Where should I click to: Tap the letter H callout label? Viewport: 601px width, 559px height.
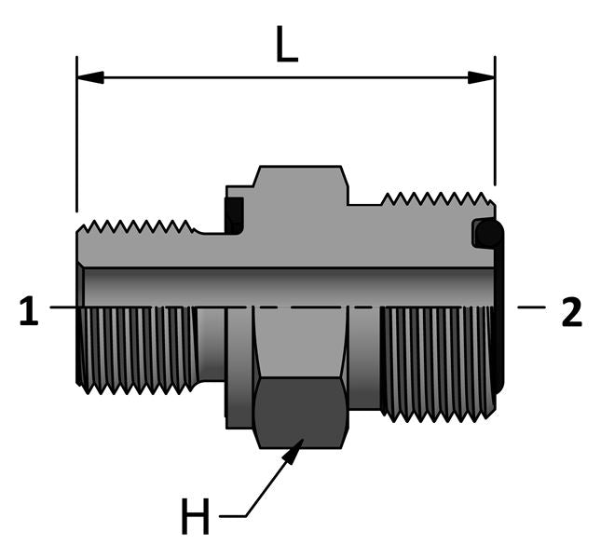click(x=195, y=517)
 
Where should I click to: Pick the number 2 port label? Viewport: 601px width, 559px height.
click(x=571, y=312)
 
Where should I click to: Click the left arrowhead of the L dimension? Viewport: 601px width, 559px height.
click(x=89, y=76)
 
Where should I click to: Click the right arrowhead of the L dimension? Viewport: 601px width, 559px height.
click(x=482, y=76)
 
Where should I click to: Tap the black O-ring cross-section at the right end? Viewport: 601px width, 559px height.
click(x=486, y=233)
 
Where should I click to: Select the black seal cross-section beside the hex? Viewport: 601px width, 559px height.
click(x=234, y=216)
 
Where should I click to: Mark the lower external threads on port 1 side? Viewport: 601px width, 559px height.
click(x=136, y=349)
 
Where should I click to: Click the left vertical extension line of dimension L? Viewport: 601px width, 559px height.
click(x=76, y=140)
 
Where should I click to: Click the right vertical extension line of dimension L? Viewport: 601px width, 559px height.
click(x=495, y=130)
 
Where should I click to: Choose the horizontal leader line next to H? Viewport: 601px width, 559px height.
click(x=231, y=515)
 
